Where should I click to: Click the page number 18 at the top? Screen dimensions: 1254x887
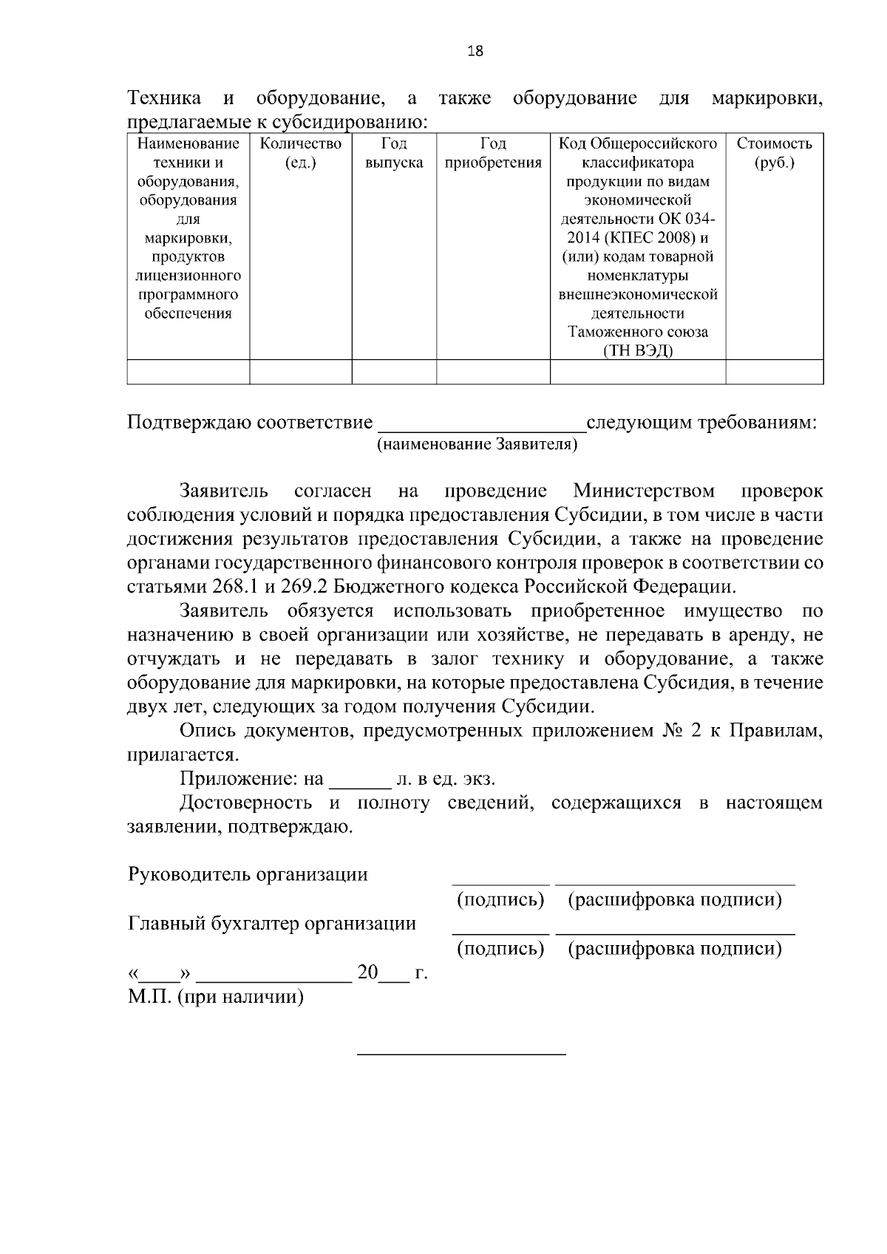pos(476,51)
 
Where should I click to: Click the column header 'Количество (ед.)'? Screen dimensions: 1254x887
pos(300,153)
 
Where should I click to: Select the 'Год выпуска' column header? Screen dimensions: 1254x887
pos(393,153)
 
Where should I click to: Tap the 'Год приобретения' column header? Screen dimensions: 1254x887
pos(493,153)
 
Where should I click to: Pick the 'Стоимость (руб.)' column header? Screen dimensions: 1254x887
pos(774,153)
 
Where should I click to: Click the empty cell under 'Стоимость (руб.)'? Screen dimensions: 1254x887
pos(774,372)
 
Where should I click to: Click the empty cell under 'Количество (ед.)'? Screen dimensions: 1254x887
pos(300,372)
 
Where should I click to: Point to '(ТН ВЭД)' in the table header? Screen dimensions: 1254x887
pos(637,351)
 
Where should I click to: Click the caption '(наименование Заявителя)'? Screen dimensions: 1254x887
pos(477,444)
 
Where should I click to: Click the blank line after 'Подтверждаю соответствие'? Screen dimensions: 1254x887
pos(481,424)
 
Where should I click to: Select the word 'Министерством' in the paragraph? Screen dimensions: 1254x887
pos(643,491)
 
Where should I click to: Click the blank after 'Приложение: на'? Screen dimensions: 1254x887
pos(359,780)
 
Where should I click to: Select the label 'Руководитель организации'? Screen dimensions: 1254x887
pos(248,875)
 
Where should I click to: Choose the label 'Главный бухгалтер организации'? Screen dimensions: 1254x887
pos(272,924)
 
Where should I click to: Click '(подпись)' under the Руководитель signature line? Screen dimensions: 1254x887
pos(500,900)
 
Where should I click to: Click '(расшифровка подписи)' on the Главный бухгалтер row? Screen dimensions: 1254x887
pos(674,948)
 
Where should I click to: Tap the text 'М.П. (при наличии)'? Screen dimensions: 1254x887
pos(216,997)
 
